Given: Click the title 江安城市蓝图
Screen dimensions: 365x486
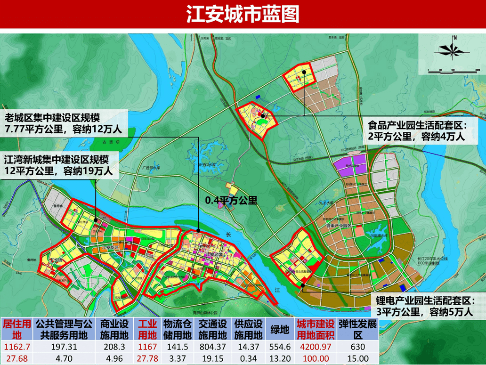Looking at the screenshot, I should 243,15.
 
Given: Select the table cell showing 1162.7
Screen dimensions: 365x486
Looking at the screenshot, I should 17,347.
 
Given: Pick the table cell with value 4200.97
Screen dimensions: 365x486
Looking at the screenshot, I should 316,347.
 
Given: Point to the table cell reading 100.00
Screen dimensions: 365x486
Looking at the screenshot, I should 316,359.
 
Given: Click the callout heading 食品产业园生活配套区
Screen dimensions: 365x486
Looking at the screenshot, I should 417,126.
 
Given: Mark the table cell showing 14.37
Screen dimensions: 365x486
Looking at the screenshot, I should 248,347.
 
